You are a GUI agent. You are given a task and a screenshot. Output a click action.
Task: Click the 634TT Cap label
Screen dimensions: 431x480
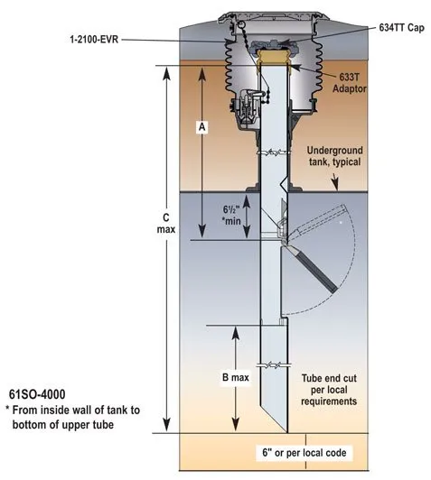click(x=401, y=28)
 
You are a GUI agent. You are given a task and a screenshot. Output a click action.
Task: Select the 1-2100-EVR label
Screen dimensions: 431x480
click(x=94, y=40)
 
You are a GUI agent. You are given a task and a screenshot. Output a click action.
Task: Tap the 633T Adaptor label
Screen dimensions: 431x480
click(x=350, y=83)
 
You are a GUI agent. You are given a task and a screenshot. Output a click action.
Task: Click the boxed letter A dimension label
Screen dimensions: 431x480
click(x=201, y=126)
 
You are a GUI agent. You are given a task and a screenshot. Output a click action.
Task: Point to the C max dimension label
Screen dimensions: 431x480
click(x=166, y=224)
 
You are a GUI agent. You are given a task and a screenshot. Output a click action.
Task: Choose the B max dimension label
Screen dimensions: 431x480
click(x=236, y=377)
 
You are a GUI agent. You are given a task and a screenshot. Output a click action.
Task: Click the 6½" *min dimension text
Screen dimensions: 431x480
click(x=231, y=216)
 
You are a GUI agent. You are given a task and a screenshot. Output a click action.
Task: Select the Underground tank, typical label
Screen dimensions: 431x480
click(x=334, y=156)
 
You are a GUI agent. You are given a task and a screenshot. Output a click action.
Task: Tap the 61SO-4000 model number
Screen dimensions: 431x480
click(x=37, y=394)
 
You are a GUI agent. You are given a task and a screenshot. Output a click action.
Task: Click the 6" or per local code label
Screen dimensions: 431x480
click(x=305, y=452)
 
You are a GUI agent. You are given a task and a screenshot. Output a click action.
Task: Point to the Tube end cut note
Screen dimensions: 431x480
click(x=329, y=390)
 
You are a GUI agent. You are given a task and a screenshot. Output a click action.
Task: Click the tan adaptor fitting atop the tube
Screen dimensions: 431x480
click(x=273, y=57)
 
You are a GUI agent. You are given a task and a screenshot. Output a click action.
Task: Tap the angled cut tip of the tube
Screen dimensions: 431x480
click(x=287, y=432)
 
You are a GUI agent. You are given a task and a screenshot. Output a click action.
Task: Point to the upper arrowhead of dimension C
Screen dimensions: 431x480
click(x=166, y=73)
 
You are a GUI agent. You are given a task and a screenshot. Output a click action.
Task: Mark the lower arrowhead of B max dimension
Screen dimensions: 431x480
click(x=236, y=425)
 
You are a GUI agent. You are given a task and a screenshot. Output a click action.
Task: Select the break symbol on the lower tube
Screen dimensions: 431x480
click(x=274, y=365)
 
